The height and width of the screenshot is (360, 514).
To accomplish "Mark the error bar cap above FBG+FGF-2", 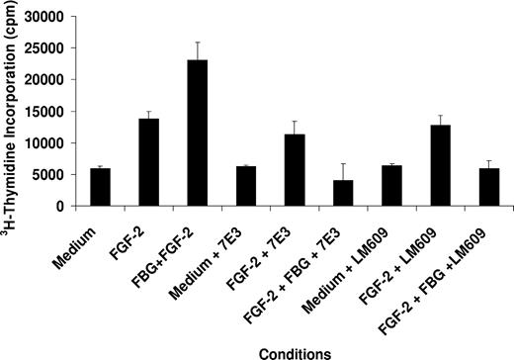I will [195, 43].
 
